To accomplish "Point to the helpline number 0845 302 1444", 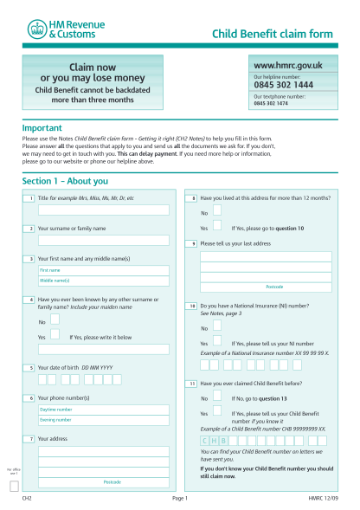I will coord(283,86).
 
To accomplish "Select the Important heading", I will coord(42,127).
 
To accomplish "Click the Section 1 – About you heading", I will coord(65,182).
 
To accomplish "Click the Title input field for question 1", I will coord(103,210).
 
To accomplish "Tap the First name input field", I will coord(103,270).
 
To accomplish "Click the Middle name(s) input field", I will coord(103,281).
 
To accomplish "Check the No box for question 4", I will coord(55,320).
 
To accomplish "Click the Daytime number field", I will coord(103,409).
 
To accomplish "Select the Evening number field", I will coord(103,419).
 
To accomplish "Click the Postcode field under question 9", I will coord(266,287).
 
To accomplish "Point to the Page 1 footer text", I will coord(180,500).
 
